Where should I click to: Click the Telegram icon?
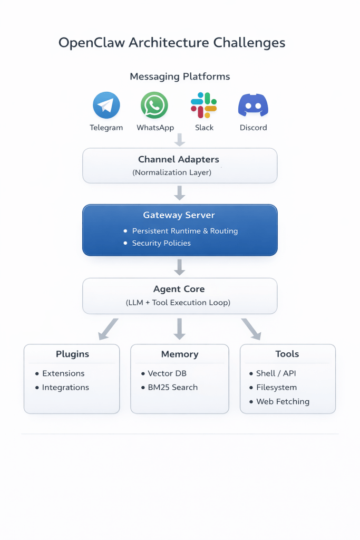pos(106,105)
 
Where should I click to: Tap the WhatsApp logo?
pos(154,105)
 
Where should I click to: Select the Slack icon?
pos(204,105)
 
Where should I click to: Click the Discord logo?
pos(253,105)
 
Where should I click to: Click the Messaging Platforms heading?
pos(180,76)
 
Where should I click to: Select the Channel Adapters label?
pos(179,159)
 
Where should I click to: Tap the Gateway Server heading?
pos(179,215)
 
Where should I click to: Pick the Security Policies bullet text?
pos(161,243)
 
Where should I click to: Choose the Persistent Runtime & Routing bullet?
pos(184,231)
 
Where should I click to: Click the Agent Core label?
pos(179,289)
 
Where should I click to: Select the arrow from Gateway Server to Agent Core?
pos(180,266)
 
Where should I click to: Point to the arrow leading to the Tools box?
pos(251,329)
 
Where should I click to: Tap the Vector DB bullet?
pos(167,373)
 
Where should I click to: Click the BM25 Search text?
pos(172,387)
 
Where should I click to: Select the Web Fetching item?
pos(283,401)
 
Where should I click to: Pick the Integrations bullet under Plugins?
pos(65,387)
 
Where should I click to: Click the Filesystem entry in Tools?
pos(276,387)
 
